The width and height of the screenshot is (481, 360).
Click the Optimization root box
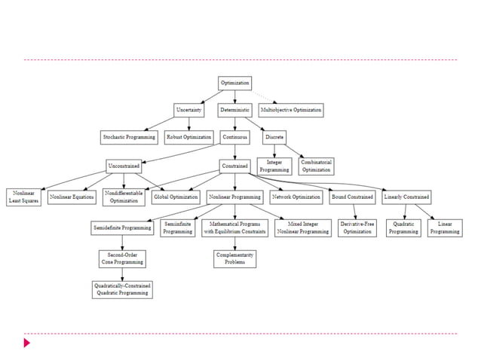click(x=234, y=82)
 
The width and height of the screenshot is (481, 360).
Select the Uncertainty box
click(x=188, y=110)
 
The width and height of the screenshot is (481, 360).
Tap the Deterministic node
click(x=234, y=110)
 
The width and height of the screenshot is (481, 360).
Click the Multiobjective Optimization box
click(x=290, y=110)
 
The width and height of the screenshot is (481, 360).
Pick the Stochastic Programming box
click(x=129, y=137)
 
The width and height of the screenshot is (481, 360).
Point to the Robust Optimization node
click(x=188, y=137)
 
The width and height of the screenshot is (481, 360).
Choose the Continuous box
click(x=234, y=137)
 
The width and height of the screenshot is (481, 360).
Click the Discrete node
click(x=274, y=137)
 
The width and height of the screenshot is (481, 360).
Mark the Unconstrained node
click(x=124, y=166)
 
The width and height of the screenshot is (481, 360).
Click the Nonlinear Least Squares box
click(x=23, y=197)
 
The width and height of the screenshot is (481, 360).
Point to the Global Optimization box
click(x=175, y=197)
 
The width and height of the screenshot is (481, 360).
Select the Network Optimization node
click(x=296, y=197)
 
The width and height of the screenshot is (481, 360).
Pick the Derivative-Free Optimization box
click(x=356, y=228)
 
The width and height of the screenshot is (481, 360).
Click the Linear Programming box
click(x=445, y=228)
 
